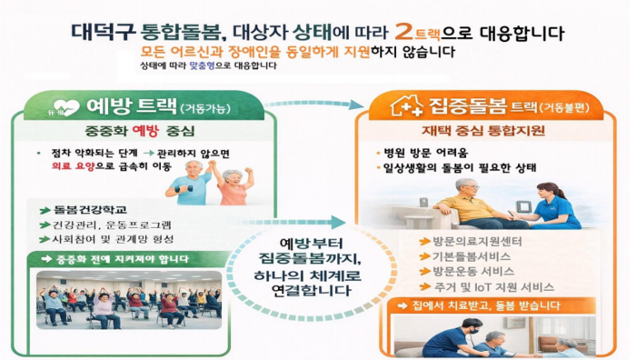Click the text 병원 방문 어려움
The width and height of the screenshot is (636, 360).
coord(427,153)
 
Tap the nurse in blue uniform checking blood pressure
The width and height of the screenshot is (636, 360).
coord(554,204)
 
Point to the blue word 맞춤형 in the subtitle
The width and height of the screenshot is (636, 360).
coord(206,66)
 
